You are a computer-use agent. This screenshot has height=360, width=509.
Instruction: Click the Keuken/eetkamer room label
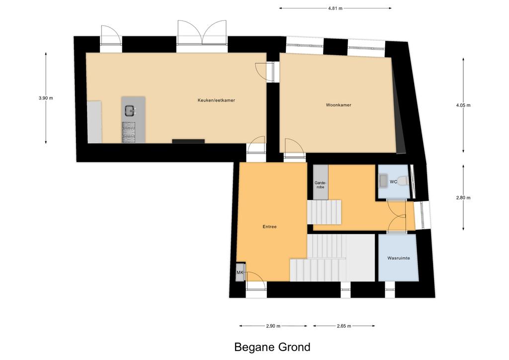216,100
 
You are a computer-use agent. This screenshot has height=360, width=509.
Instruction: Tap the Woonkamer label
339,105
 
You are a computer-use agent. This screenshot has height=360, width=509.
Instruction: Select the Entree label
269,227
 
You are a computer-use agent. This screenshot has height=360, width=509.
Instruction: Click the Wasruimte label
399,258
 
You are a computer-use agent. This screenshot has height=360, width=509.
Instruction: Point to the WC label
393,182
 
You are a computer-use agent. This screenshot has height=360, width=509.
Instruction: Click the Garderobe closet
321,182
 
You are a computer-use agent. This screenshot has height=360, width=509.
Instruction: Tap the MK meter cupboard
240,272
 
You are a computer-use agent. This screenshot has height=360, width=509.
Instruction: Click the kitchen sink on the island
130,111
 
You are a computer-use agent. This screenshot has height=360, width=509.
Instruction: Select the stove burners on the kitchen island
129,132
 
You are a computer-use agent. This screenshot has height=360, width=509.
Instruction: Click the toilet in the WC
403,180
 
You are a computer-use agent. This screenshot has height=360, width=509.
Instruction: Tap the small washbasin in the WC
383,181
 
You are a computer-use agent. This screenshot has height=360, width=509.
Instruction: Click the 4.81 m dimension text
336,8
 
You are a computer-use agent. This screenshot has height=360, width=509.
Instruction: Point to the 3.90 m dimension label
45,98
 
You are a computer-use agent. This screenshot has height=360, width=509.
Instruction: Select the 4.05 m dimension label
463,105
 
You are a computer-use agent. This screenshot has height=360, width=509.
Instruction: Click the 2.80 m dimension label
463,197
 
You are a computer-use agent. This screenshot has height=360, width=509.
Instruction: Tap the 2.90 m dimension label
273,326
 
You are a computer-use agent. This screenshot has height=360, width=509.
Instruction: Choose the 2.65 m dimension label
344,326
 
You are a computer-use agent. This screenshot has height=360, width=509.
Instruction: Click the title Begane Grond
272,347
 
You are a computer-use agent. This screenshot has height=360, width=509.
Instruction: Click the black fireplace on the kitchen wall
188,141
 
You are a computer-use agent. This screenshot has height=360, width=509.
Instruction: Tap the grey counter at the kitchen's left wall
94,122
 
